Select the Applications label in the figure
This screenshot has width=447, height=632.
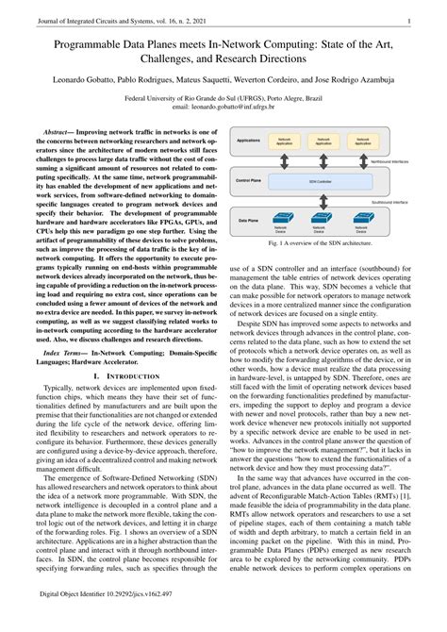point(248,139)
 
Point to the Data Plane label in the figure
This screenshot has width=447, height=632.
point(247,220)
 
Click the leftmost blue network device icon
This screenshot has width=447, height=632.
point(281,217)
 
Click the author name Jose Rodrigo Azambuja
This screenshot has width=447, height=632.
point(372,78)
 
